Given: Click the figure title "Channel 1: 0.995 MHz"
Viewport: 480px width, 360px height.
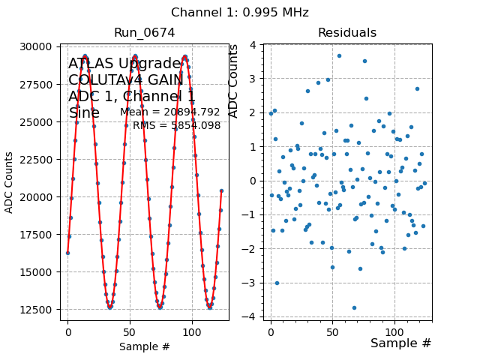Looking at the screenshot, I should click(240, 13).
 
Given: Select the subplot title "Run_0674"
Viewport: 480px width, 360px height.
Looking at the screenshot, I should click(144, 33).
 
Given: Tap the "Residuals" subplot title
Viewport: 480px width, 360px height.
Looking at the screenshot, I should click(346, 33).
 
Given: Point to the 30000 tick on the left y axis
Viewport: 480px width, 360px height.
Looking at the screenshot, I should click(36, 46).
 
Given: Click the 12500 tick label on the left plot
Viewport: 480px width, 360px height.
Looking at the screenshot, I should click(36, 310).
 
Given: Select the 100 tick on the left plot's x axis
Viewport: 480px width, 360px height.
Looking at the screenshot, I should click(192, 331).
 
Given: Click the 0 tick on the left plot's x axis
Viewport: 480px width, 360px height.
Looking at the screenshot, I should click(67, 331).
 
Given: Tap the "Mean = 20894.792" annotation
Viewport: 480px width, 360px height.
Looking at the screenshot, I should click(170, 112).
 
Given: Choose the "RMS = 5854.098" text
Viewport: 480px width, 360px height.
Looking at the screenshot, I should click(177, 126).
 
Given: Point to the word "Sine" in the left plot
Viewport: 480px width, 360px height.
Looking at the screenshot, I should click(84, 113).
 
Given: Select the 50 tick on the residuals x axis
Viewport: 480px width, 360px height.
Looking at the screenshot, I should click(332, 331).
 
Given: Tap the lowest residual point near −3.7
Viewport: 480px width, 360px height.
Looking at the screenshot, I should click(354, 307).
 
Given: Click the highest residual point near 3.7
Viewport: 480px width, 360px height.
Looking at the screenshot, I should click(339, 55).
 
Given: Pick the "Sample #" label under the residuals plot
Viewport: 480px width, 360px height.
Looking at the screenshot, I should click(400, 343).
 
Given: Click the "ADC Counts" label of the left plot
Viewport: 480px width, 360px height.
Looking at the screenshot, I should click(10, 182).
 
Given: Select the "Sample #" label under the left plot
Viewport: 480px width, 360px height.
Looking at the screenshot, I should click(145, 346).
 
